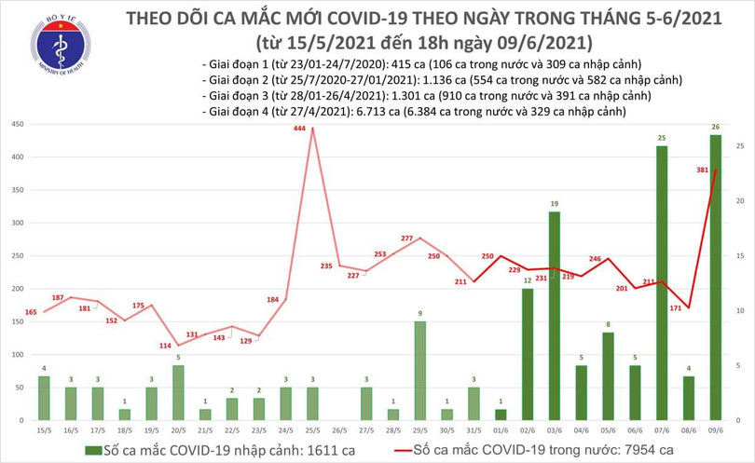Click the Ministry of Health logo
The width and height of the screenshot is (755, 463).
[61, 46]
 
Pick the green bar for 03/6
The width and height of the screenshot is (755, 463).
[554, 316]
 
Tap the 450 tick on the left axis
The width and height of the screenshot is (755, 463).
[17, 124]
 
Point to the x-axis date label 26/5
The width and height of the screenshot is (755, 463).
[339, 429]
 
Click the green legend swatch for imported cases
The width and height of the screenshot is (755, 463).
[94, 451]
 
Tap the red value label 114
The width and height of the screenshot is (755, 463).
[164, 345]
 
